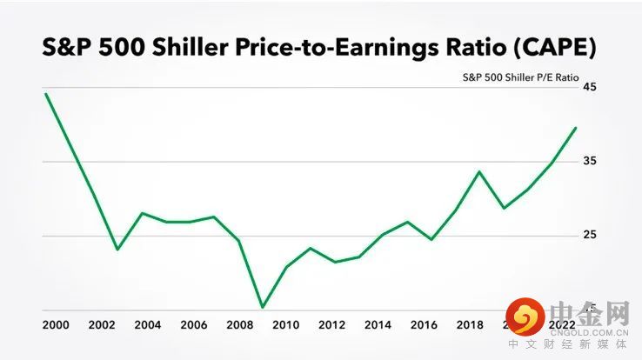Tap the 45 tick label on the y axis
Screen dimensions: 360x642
click(x=589, y=87)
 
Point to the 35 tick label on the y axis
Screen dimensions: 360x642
click(x=589, y=162)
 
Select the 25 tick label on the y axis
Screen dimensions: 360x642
click(x=589, y=236)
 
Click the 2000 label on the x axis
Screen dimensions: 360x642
click(x=55, y=325)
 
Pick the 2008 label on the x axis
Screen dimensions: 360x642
click(x=239, y=325)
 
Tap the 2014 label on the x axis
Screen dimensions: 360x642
click(x=378, y=325)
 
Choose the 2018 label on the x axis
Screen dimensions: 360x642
click(x=470, y=325)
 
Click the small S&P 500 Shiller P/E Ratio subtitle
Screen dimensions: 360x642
click(x=520, y=77)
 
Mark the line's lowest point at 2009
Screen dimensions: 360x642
click(x=262, y=307)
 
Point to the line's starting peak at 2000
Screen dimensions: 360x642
click(x=45, y=94)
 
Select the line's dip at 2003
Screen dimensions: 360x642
click(x=117, y=250)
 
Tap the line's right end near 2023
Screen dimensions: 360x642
click(x=576, y=128)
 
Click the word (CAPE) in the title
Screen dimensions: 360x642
click(x=552, y=48)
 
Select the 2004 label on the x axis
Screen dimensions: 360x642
click(x=147, y=325)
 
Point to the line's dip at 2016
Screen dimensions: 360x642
click(x=431, y=239)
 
